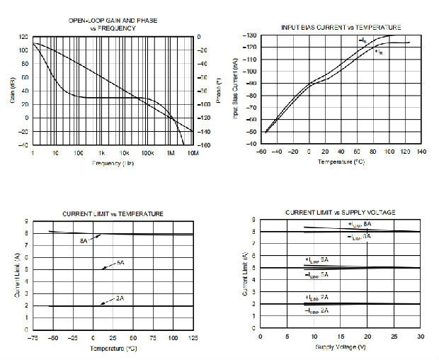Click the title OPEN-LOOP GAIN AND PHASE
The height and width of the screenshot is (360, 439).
113,21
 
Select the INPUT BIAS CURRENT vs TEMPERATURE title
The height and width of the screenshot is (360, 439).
341,27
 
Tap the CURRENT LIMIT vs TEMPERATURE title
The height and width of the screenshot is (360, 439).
113,213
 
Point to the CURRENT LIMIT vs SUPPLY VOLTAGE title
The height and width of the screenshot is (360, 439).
340,213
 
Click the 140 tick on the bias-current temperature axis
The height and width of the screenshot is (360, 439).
421,152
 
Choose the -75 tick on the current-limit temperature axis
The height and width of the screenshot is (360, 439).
33,338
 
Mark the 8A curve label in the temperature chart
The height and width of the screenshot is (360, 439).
83,241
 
